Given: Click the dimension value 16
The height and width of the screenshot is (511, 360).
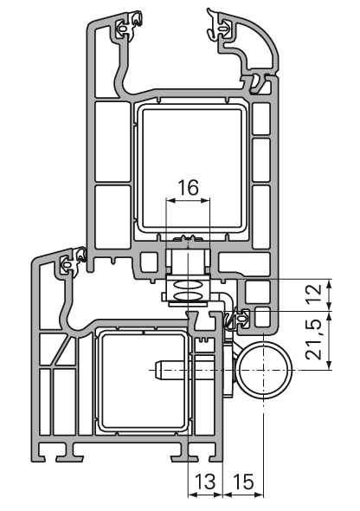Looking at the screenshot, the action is pos(188,187).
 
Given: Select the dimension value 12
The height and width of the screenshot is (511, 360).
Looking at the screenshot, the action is pos(314,293).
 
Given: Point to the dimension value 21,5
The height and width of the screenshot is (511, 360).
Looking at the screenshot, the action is pos(314,339).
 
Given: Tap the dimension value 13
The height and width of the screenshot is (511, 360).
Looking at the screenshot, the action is pos(205,482).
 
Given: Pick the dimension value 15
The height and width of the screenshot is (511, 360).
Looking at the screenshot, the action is pos(243,482).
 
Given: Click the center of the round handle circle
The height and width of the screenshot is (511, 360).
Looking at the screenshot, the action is pos(263,370).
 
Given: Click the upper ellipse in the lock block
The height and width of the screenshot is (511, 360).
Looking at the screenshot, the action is pos(188,285).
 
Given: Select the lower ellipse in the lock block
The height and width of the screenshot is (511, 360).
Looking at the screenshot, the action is pos(188,296).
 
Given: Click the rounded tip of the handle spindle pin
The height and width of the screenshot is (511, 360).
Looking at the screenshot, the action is pos(157,370).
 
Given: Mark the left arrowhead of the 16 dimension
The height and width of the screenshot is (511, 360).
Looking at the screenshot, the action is pos(170,200).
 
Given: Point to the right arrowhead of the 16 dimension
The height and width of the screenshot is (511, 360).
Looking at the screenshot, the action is pos(206,200).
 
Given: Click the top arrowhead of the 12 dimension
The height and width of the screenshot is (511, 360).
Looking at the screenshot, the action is pos(330,284).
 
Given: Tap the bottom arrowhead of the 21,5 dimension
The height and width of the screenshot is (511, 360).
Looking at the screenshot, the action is pos(330,365).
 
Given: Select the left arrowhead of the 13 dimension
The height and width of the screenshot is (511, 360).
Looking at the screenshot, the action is pos(193,495).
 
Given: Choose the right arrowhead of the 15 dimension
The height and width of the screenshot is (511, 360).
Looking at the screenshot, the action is pos(259,495).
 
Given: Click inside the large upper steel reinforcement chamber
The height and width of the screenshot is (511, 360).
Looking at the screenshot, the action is pos(192,168).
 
